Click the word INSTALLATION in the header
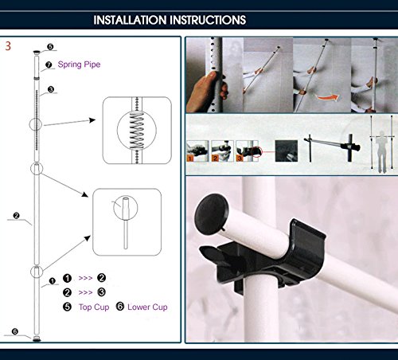131,20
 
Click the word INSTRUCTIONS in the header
208,20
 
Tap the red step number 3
8,46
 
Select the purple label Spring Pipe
79,65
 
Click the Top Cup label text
94,307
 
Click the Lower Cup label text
147,307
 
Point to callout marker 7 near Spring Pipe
49,65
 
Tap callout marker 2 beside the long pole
16,216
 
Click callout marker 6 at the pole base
15,331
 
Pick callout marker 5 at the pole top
50,47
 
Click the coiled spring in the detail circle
137,130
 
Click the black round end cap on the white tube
211,214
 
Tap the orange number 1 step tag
190,158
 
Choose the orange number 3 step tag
240,158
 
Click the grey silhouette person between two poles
381,151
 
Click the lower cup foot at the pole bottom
37,338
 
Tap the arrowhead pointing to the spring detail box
92,120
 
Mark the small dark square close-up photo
287,151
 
